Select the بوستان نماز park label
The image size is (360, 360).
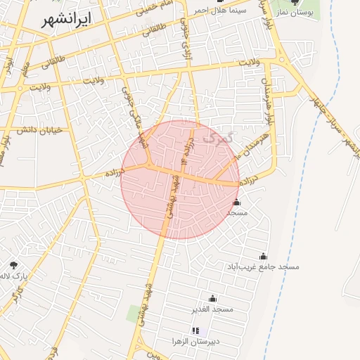(294, 13)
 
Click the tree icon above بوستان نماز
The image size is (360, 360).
(295, 2)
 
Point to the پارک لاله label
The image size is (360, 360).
(14, 275)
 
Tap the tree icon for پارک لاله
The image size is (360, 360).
(13, 264)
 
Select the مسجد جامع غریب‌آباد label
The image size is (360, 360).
(263, 267)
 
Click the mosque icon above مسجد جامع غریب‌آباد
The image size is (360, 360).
(263, 257)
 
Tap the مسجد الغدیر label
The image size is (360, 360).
(212, 309)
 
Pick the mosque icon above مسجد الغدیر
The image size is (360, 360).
(212, 299)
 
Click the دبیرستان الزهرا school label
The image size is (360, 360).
(195, 341)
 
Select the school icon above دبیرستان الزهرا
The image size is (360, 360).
(195, 330)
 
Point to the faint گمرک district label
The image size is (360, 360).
(216, 137)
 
